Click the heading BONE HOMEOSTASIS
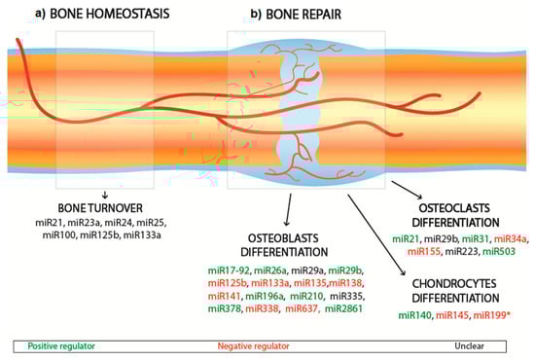[110, 14]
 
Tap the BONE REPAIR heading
[303, 15]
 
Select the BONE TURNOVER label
[100, 208]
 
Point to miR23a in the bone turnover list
[84, 223]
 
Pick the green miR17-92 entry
[229, 270]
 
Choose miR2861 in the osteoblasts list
[343, 308]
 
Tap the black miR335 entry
[346, 296]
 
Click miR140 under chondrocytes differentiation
[415, 315]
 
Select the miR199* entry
[491, 315]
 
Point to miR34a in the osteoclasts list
[511, 238]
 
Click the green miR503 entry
[498, 251]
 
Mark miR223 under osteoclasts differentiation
[461, 251]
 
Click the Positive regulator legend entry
[61, 346]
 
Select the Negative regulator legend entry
[253, 346]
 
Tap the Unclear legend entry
[469, 345]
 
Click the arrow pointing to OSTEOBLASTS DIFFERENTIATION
[289, 209]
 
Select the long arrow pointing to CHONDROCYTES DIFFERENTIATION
[376, 234]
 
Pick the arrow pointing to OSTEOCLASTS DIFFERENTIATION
[407, 190]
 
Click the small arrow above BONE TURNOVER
[105, 195]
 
